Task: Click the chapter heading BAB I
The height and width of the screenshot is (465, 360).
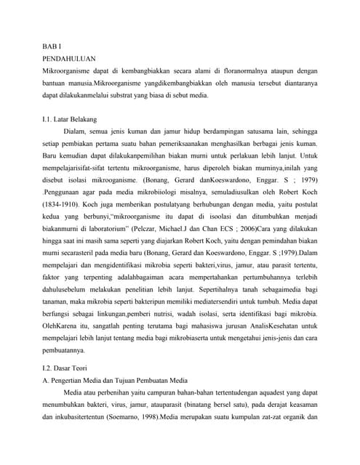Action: point(51,46)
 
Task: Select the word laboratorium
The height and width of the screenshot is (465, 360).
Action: point(105,232)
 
